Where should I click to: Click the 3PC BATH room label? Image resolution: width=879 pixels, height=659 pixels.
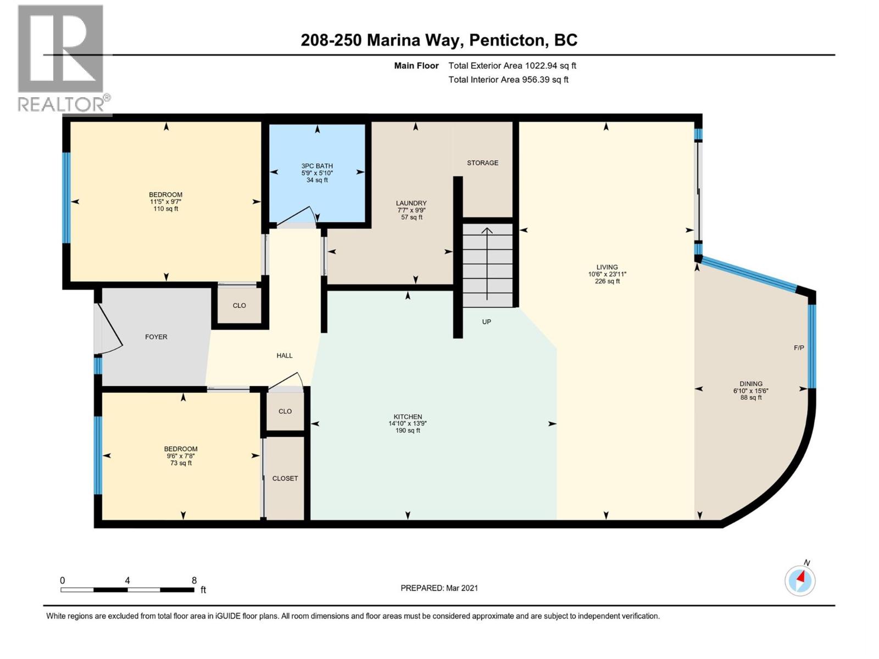[317, 166]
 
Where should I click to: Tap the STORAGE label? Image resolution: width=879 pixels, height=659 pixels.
[482, 163]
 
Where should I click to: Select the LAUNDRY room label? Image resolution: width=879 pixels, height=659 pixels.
[411, 203]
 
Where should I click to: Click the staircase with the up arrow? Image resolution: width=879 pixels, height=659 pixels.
[487, 264]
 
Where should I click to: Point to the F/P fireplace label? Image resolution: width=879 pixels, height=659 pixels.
[799, 348]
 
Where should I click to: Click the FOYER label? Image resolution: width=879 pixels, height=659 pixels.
[156, 337]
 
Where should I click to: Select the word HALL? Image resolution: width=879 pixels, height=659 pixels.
[285, 355]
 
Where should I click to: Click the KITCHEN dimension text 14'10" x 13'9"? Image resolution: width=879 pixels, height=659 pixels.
[407, 423]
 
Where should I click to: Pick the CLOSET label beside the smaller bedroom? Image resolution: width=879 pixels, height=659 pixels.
[285, 478]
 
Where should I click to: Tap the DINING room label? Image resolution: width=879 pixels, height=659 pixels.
[750, 384]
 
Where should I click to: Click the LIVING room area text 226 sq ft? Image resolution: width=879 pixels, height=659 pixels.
[607, 281]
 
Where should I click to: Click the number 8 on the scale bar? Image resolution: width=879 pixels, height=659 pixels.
[194, 580]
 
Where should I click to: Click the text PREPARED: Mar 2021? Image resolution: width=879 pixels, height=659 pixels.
[439, 588]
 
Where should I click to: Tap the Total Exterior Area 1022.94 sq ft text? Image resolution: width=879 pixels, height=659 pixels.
[512, 65]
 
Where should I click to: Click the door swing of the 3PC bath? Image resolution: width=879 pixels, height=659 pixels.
[299, 217]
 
